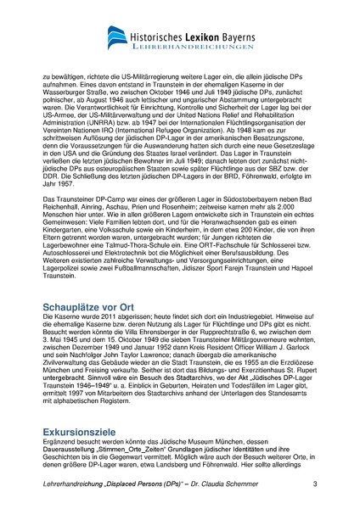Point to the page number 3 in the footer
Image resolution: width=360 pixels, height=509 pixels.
tap(315, 484)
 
